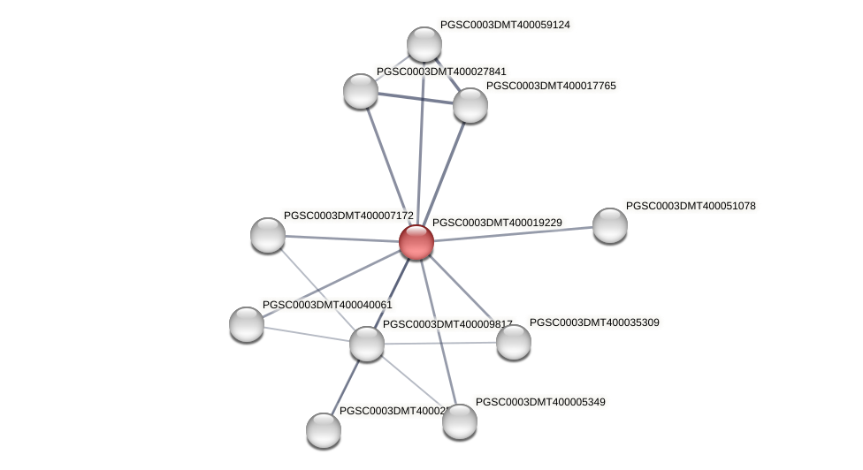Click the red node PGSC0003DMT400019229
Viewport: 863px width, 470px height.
pyautogui.click(x=416, y=241)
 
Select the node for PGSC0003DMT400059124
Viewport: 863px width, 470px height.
pyautogui.click(x=424, y=44)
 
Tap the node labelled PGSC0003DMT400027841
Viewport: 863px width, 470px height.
pyautogui.click(x=361, y=90)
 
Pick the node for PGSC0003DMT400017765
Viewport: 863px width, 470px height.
pyautogui.click(x=470, y=105)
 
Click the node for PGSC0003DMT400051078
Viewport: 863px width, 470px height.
pyautogui.click(x=610, y=225)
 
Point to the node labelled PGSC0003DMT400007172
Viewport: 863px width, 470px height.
pyautogui.click(x=268, y=235)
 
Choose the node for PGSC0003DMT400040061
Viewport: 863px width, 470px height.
pyautogui.click(x=247, y=324)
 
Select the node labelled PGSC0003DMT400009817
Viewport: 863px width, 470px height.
pyautogui.click(x=367, y=344)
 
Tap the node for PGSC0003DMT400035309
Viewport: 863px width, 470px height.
pyautogui.click(x=514, y=342)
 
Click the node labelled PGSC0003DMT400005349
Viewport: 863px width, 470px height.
pyautogui.click(x=460, y=421)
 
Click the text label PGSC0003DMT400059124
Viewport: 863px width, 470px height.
pyautogui.click(x=505, y=25)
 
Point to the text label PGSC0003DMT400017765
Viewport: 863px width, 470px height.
pyautogui.click(x=551, y=86)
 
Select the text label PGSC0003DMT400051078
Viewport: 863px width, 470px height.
pyautogui.click(x=691, y=206)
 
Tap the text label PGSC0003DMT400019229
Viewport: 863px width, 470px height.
pyautogui.click(x=497, y=223)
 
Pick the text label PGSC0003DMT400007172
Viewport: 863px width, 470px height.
pyautogui.click(x=348, y=216)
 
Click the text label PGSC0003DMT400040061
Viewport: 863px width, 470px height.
pyautogui.click(x=327, y=305)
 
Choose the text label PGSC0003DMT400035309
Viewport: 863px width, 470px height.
pyautogui.click(x=594, y=322)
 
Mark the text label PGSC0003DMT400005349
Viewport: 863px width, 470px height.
pyautogui.click(x=540, y=402)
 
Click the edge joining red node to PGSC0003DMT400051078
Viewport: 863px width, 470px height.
pyautogui.click(x=513, y=233)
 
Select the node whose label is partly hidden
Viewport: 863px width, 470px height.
pyautogui.click(x=324, y=430)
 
